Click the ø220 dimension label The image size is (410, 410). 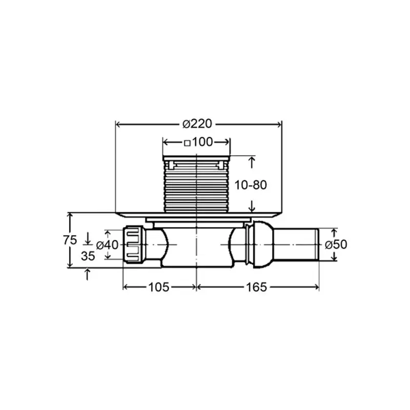point(197,124)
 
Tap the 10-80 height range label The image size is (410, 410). point(251,185)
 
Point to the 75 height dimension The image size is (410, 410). point(70,240)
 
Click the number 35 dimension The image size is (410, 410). point(88,256)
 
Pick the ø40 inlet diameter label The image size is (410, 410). point(107,245)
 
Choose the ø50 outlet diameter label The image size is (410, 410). point(336,244)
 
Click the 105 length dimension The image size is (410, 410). point(159,287)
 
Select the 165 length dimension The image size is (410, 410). point(256,287)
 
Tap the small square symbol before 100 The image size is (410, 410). point(187,143)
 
